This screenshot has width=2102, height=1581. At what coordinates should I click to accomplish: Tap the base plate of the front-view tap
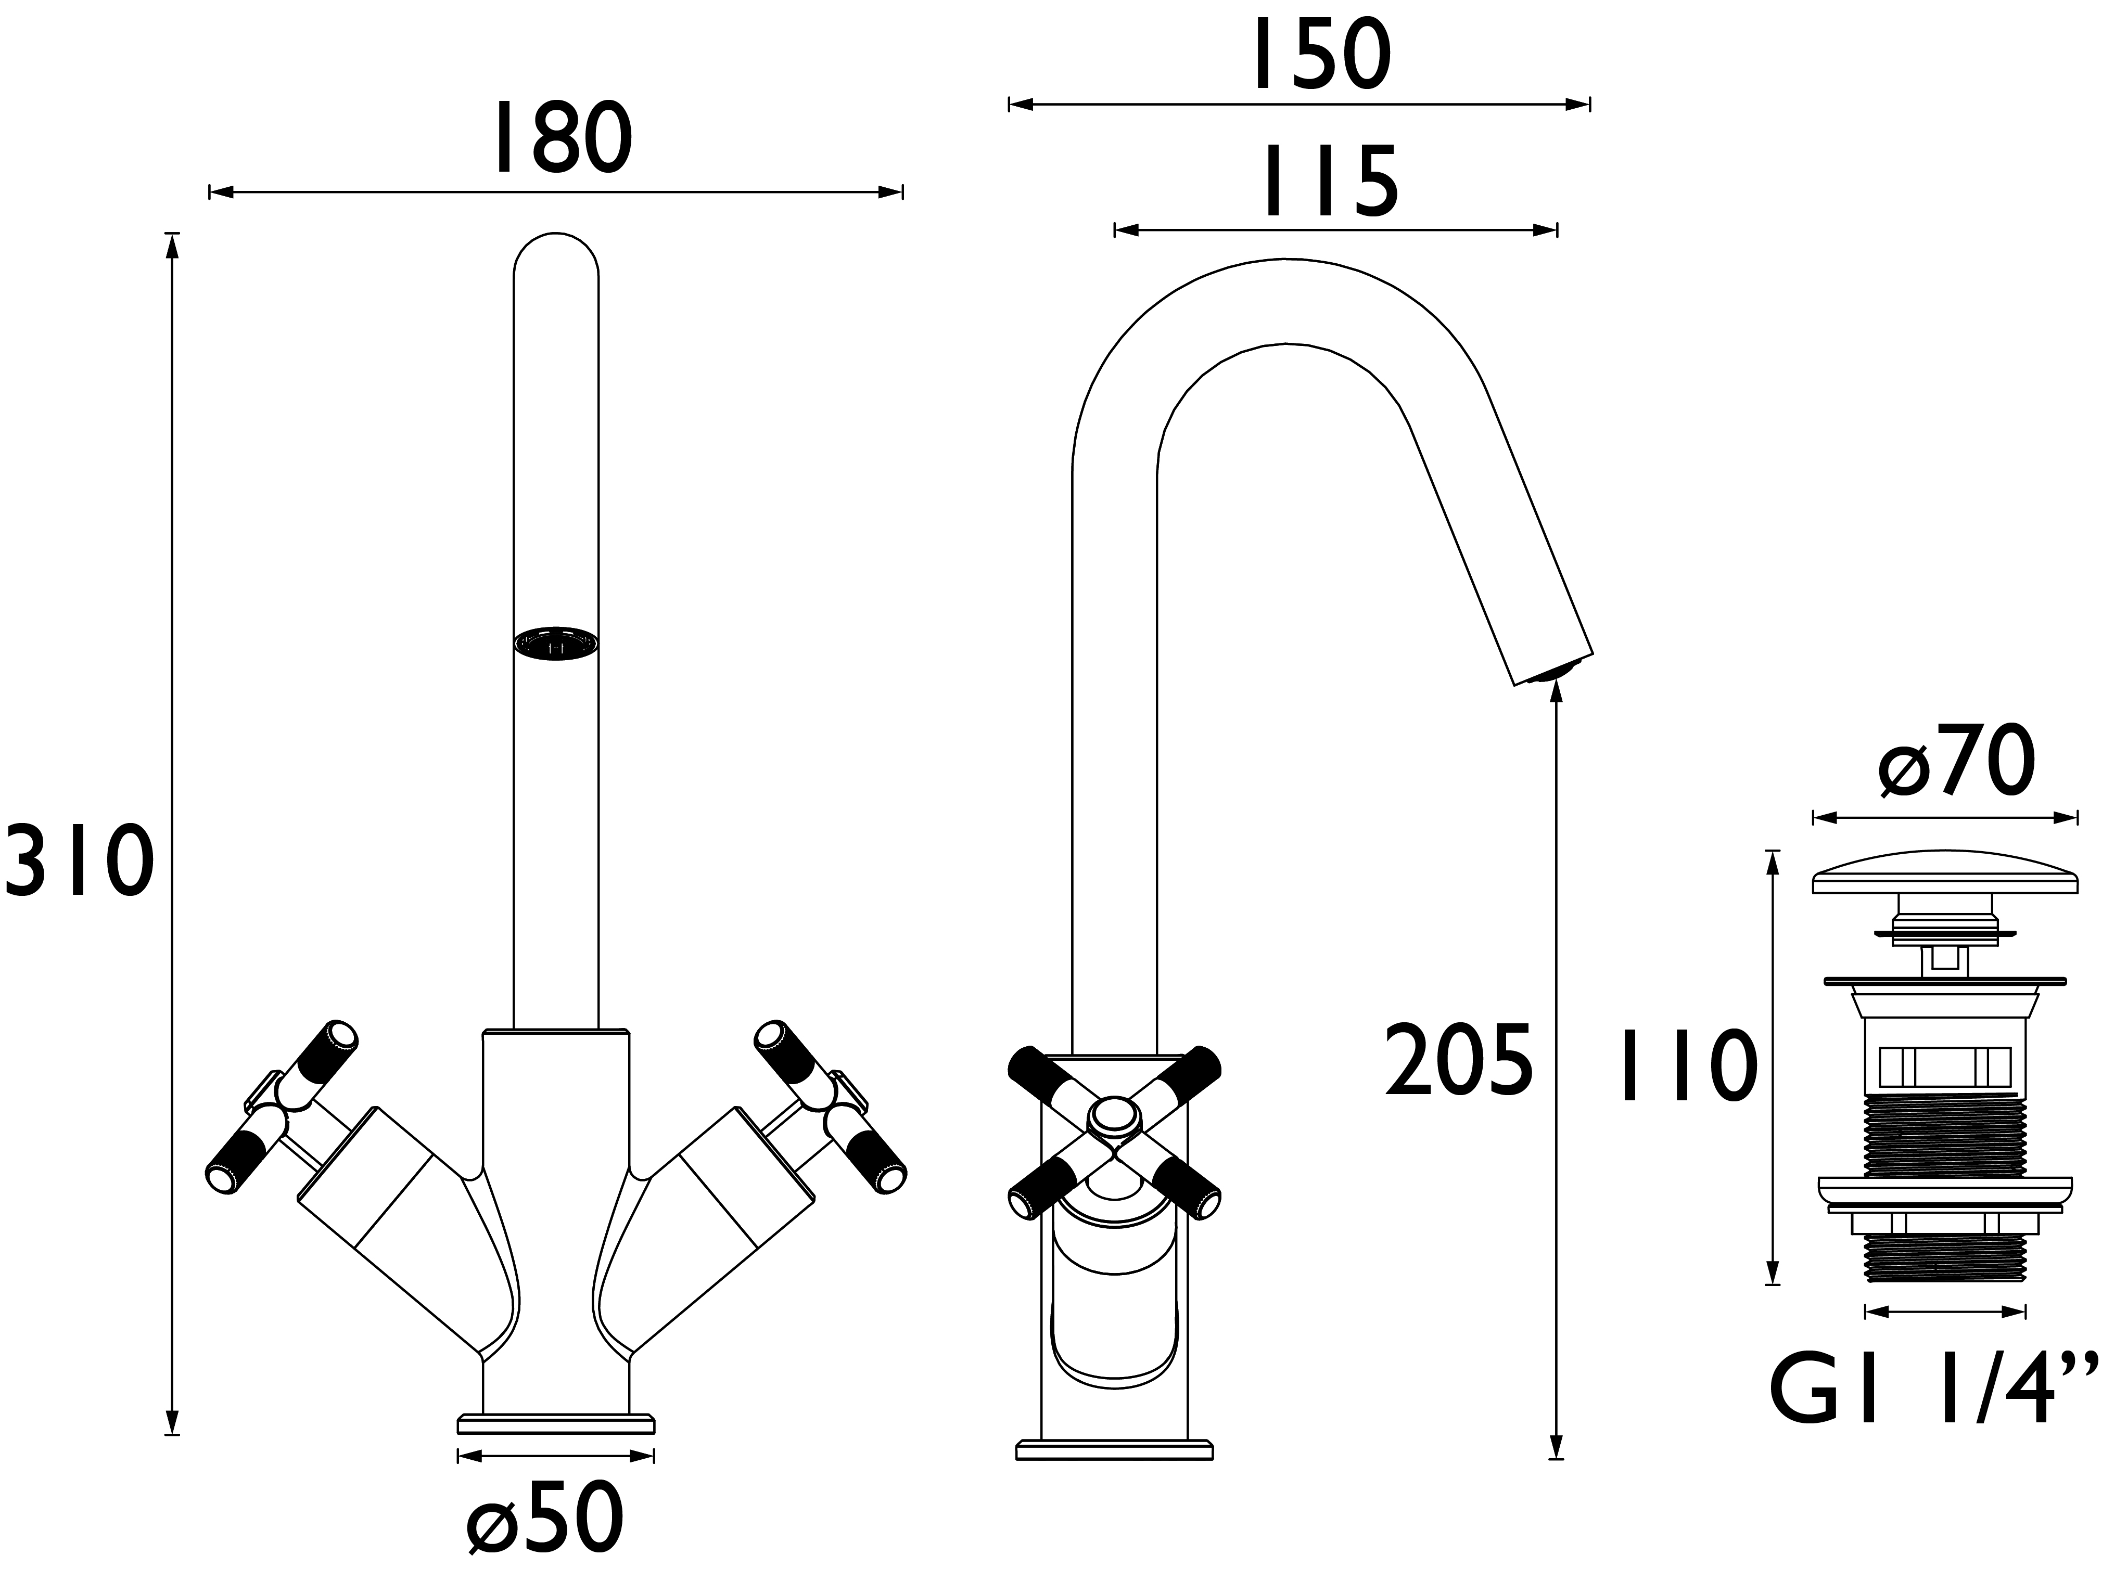point(556,1450)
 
